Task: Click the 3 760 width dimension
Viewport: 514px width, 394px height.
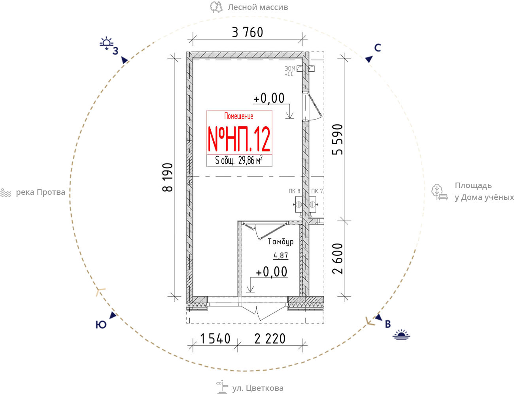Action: (248, 32)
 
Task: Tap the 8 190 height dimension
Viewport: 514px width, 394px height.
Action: (168, 177)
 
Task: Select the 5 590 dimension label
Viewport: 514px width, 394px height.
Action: (338, 139)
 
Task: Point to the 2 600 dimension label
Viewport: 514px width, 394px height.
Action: (338, 259)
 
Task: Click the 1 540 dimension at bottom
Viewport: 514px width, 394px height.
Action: (215, 339)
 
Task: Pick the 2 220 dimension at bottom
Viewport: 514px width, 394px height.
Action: (270, 339)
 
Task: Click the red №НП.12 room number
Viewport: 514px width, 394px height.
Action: (239, 139)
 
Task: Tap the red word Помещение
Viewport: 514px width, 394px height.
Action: (239, 116)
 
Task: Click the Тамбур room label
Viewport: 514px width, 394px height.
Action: (281, 242)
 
